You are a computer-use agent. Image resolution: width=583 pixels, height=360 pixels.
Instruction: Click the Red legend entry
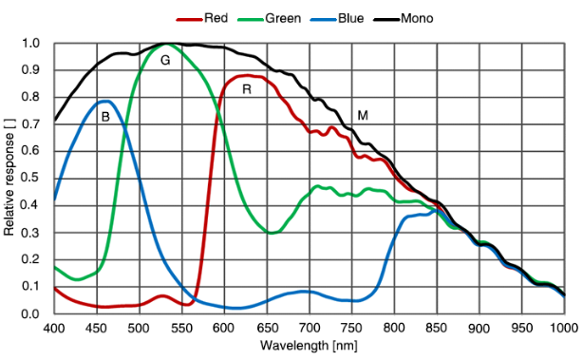pos(202,18)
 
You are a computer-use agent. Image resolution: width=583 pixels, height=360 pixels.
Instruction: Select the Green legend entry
pos(270,18)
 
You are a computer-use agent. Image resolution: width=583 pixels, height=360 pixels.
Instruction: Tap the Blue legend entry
pos(337,18)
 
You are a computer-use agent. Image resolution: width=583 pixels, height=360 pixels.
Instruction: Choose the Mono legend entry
pos(404,18)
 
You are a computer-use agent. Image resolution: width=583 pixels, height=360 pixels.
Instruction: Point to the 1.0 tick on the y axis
pos(31,43)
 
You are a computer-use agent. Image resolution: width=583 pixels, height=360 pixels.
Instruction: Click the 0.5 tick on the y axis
pos(31,179)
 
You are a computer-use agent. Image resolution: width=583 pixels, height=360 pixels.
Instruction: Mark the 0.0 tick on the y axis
pos(31,313)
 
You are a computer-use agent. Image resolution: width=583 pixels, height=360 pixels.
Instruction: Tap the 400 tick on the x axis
pos(54,328)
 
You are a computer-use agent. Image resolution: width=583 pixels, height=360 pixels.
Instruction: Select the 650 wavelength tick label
pos(267,328)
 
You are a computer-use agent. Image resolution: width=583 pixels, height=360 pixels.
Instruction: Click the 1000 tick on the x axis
pos(564,328)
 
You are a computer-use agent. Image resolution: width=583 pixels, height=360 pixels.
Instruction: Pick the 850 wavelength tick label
pos(437,328)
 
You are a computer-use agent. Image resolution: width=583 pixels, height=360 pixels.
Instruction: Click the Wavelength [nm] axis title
pos(309,346)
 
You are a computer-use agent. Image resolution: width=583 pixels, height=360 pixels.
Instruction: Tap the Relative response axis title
pos(9,177)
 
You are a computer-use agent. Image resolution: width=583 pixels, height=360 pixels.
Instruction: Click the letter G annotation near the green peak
pos(165,60)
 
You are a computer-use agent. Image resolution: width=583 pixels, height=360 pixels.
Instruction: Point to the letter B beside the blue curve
pos(105,117)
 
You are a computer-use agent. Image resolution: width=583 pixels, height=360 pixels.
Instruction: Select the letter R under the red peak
pos(247,89)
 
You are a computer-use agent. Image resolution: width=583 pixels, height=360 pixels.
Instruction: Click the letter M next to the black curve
pos(363,116)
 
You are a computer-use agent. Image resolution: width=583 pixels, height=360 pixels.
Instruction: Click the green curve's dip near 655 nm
pos(272,233)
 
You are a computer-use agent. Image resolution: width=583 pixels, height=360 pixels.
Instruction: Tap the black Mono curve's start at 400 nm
pos(55,120)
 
